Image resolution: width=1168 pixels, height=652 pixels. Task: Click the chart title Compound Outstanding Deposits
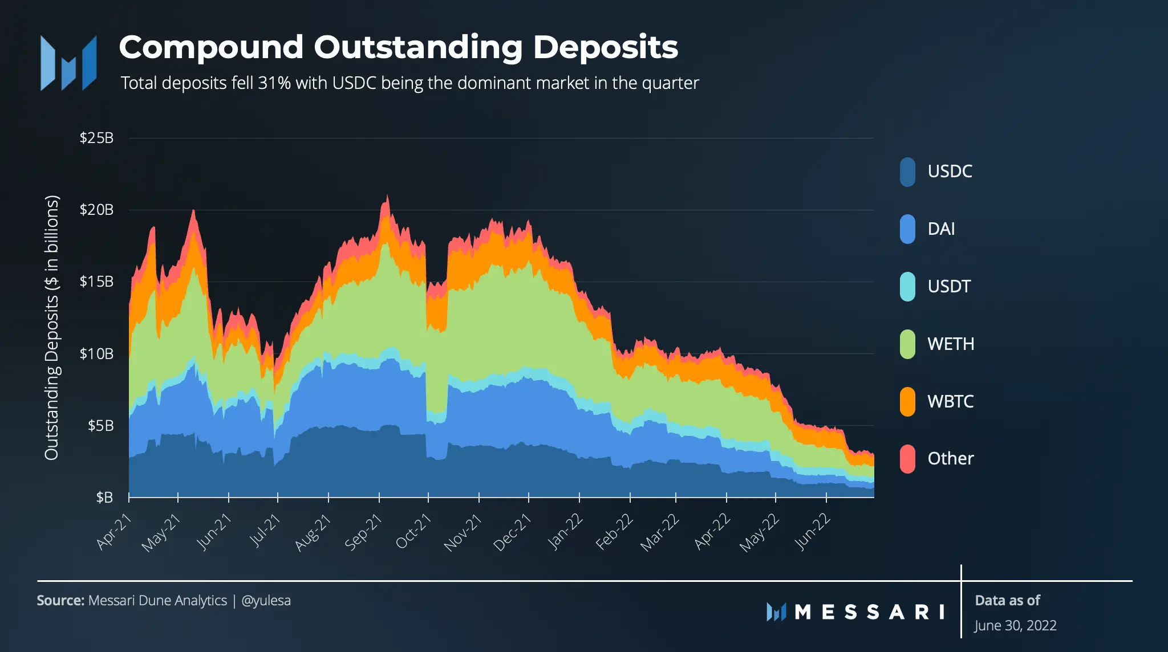399,47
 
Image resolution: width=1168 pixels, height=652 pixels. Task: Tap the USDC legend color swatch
907,172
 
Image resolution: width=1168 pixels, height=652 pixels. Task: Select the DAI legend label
941,229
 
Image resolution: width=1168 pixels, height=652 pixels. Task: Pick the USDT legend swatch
907,287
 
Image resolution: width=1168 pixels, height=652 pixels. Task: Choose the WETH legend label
951,344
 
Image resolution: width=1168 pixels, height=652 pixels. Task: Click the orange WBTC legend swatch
907,401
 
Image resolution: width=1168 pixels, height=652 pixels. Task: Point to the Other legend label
951,458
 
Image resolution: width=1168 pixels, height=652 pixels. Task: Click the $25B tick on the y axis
96,138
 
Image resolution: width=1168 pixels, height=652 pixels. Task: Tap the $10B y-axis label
96,353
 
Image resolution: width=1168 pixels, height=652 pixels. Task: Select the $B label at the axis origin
104,498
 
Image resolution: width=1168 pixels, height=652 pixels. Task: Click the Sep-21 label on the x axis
363,531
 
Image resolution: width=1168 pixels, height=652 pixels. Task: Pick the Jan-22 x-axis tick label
565,531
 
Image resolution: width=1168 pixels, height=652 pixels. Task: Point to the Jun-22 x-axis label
812,531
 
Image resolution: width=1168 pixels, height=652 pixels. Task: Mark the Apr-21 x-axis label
113,531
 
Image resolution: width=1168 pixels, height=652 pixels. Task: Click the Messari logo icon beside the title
68,63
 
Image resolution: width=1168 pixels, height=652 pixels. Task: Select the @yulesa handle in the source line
266,601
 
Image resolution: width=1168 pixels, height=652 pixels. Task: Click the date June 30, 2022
1015,625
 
